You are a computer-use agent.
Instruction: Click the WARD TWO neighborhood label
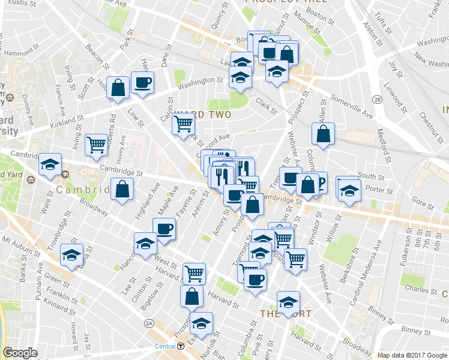pyautogui.click(x=204, y=114)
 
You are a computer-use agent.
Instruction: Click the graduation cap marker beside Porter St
pyautogui.click(x=348, y=190)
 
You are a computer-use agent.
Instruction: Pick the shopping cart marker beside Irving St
pyautogui.click(x=96, y=145)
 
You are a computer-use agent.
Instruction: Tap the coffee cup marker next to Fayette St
pyautogui.click(x=164, y=229)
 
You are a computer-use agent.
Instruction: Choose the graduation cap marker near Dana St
pyautogui.click(x=72, y=255)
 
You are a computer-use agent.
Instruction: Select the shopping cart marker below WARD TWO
pyautogui.click(x=183, y=125)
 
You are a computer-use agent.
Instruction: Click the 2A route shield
pyautogui.click(x=149, y=324)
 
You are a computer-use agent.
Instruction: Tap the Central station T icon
pyautogui.click(x=181, y=346)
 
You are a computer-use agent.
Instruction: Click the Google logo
pyautogui.click(x=19, y=353)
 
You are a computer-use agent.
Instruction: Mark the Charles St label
pyautogui.click(x=416, y=289)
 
